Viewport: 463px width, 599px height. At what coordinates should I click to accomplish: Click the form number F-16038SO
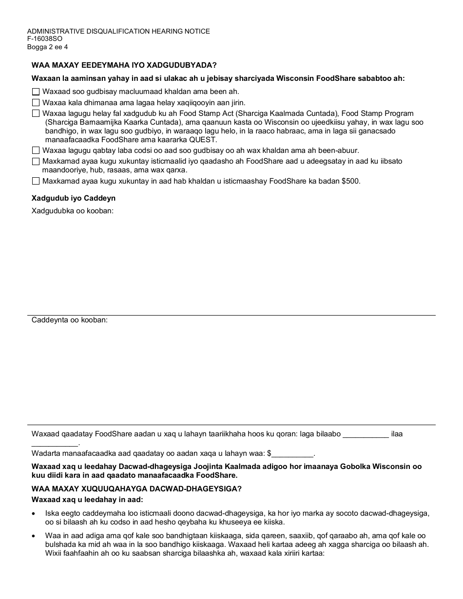pyautogui.click(x=45, y=39)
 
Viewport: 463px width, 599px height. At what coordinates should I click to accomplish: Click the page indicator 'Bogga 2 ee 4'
pyautogui.click(x=47, y=47)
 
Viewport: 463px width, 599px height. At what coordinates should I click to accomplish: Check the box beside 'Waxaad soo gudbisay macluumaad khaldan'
pyautogui.click(x=36, y=92)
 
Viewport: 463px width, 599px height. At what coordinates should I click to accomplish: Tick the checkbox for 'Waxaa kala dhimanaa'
pyautogui.click(x=36, y=103)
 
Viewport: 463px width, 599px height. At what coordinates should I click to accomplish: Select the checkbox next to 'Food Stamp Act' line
pyautogui.click(x=36, y=113)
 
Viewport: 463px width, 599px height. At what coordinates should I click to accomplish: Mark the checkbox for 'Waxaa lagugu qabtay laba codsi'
pyautogui.click(x=36, y=150)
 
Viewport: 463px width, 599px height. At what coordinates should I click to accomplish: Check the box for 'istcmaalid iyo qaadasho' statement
pyautogui.click(x=36, y=161)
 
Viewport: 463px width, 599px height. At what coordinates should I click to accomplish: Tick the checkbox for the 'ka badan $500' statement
pyautogui.click(x=36, y=181)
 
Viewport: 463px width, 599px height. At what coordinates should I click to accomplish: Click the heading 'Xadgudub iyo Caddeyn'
pyautogui.click(x=74, y=198)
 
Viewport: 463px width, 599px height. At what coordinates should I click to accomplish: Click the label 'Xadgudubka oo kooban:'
pyautogui.click(x=73, y=211)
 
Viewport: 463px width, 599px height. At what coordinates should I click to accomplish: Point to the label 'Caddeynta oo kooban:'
pyautogui.click(x=70, y=320)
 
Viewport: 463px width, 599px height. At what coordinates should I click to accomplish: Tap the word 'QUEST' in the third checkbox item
pyautogui.click(x=204, y=139)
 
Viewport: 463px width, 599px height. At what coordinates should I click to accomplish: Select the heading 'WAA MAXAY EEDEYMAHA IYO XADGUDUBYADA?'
pyautogui.click(x=124, y=65)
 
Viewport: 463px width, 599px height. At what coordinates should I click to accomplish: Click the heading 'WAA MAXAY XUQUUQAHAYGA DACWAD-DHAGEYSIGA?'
pyautogui.click(x=136, y=489)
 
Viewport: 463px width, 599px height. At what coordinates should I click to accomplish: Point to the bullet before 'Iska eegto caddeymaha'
pyautogui.click(x=33, y=513)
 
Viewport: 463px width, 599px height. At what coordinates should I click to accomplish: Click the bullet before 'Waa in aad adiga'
pyautogui.click(x=33, y=535)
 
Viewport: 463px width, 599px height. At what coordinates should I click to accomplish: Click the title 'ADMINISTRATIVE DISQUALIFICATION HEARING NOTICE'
pyautogui.click(x=118, y=31)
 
